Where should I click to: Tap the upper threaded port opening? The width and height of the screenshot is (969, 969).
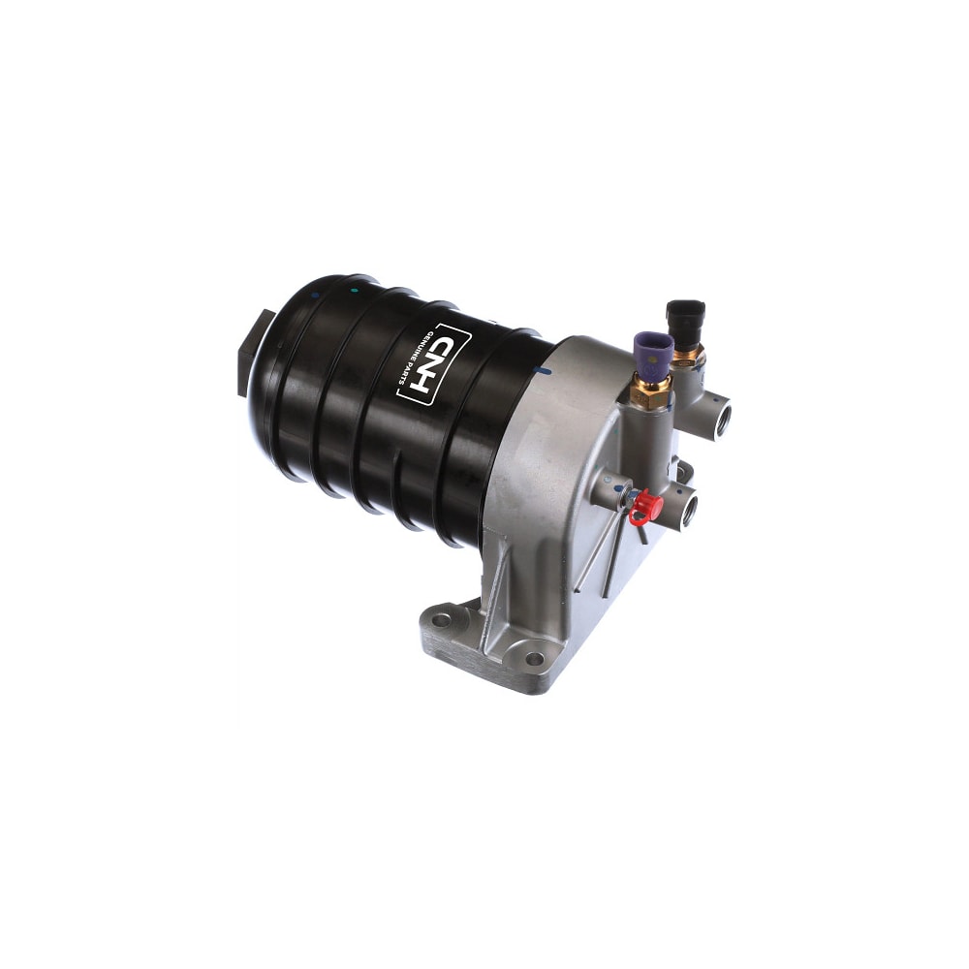(x=722, y=418)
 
